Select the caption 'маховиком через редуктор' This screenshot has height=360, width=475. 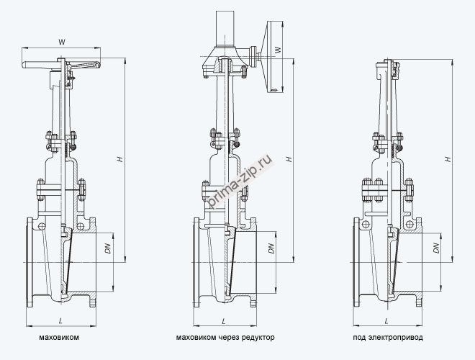pyautogui.click(x=225, y=337)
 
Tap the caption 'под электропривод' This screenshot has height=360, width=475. pyautogui.click(x=388, y=337)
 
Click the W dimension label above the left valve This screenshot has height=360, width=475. pyautogui.click(x=62, y=42)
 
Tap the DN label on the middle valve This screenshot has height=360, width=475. pyautogui.click(x=271, y=248)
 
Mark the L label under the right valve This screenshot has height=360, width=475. pyautogui.click(x=388, y=319)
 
